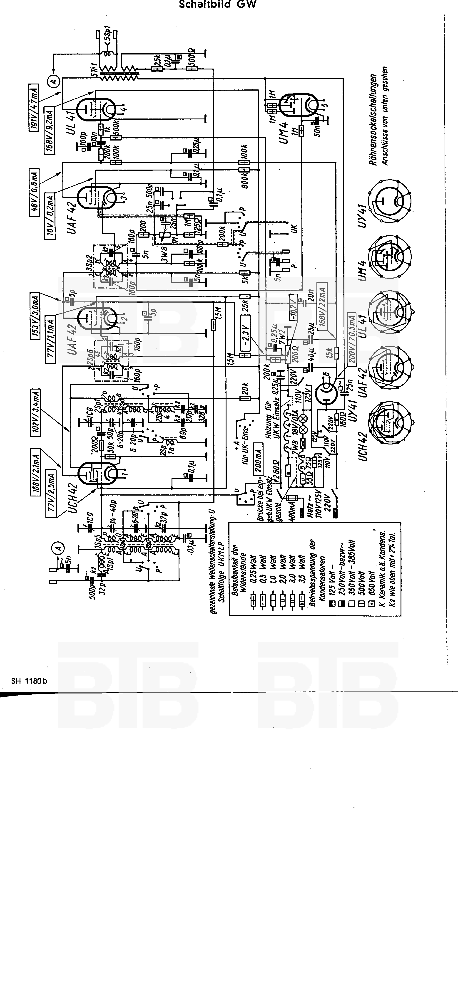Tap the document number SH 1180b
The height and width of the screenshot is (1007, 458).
[29, 681]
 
